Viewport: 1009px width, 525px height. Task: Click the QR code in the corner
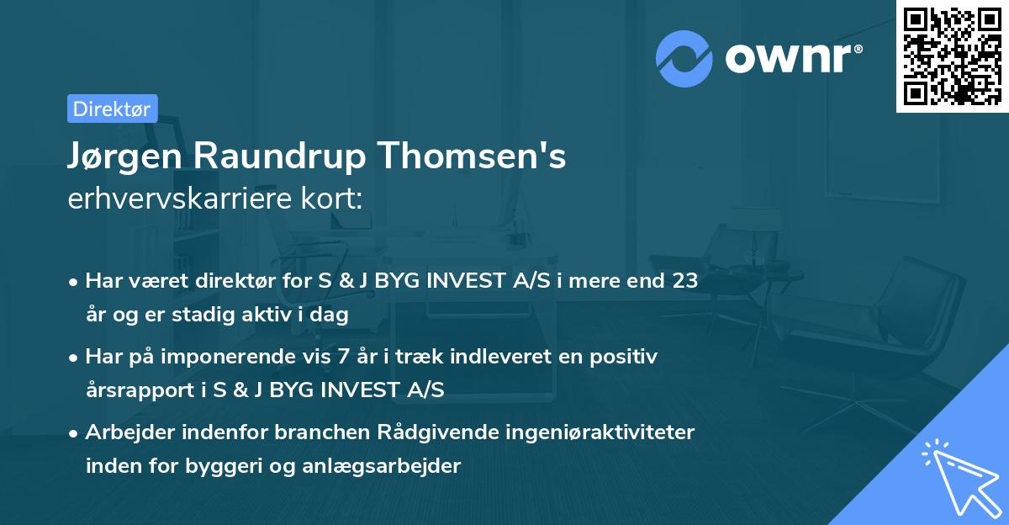(x=952, y=56)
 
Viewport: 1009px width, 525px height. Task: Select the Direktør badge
(x=112, y=109)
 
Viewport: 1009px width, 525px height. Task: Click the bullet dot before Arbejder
(x=75, y=433)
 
